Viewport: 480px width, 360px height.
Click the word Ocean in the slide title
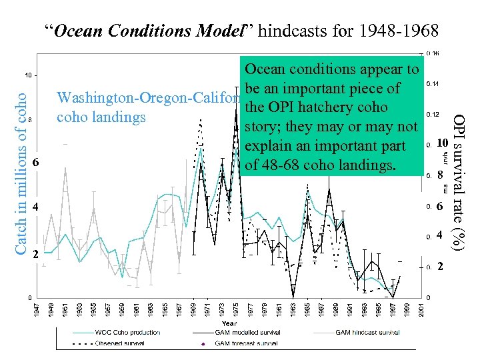pos(75,31)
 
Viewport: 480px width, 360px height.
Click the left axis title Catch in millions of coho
pos(22,171)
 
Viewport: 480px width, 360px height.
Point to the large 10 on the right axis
pos(442,144)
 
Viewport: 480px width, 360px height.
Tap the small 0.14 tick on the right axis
pos(432,84)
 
